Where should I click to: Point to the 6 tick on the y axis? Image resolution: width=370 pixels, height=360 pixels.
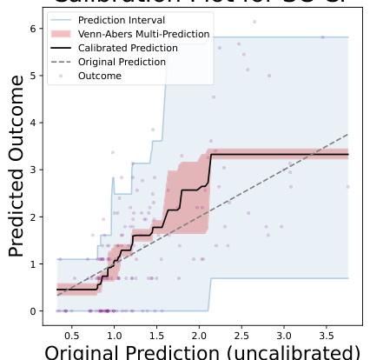[32, 29]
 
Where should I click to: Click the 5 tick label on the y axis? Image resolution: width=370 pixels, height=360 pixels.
[32, 76]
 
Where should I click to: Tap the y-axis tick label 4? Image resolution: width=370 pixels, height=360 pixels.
[32, 123]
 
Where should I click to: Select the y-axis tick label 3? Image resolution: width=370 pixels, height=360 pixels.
[32, 170]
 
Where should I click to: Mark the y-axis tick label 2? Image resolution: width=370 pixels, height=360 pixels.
[32, 217]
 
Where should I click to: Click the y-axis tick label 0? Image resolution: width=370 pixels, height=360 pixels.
[32, 310]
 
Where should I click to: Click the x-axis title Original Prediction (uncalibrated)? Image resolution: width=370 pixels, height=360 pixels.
[202, 352]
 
